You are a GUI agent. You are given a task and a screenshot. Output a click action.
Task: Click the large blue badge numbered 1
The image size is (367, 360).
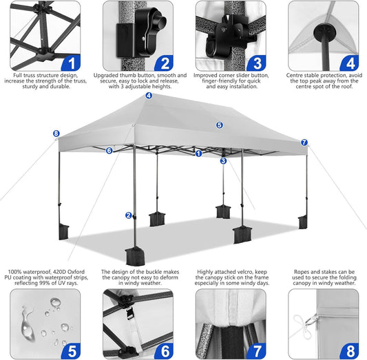tap(72, 63)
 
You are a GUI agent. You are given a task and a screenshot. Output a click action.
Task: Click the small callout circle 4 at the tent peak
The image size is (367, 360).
tap(149, 96)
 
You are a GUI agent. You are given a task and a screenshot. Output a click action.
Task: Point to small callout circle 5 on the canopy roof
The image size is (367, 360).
tap(220, 125)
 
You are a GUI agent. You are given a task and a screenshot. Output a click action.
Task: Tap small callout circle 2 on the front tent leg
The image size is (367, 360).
tap(129, 215)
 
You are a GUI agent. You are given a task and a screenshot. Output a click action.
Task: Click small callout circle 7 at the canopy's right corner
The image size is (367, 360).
tap(304, 142)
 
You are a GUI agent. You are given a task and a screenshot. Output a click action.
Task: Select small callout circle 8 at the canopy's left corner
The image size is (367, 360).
tap(56, 134)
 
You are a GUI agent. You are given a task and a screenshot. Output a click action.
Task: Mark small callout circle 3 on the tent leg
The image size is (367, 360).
tap(223, 161)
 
